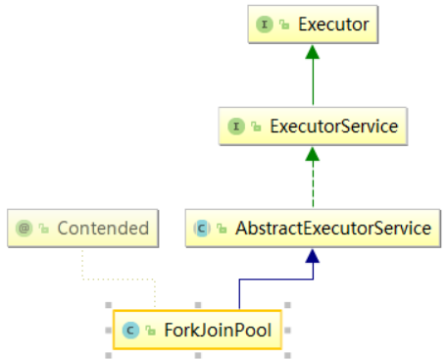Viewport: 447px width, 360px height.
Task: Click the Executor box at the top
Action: (x=311, y=24)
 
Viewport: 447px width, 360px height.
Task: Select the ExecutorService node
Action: (x=311, y=126)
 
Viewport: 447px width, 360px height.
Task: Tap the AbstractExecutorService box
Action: (x=311, y=229)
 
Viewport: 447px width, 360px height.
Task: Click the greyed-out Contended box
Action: (x=82, y=229)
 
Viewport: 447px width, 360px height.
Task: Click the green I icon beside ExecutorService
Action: (x=235, y=126)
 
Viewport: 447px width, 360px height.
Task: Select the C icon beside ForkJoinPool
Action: (x=129, y=330)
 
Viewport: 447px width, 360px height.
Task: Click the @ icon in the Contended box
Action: (x=25, y=229)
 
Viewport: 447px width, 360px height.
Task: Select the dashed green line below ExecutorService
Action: (x=311, y=181)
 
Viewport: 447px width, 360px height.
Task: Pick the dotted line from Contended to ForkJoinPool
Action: (x=118, y=279)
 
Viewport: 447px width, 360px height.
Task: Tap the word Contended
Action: (x=102, y=229)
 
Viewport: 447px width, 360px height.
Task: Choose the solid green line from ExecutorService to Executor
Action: (x=311, y=83)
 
